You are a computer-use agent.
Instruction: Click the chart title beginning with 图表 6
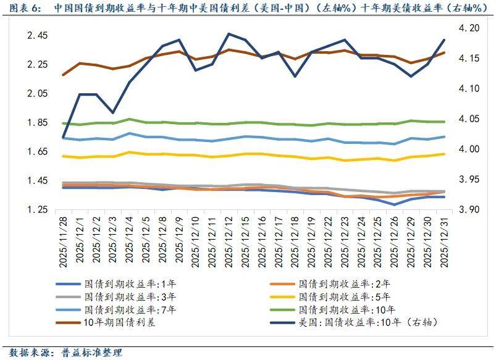(x=247, y=9)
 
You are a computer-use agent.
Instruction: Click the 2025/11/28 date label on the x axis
(x=63, y=241)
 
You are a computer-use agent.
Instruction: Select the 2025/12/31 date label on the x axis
(x=443, y=241)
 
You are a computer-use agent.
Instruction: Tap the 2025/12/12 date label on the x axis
(x=229, y=241)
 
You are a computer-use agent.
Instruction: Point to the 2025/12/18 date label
(x=295, y=241)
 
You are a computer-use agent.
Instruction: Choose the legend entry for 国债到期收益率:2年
(x=334, y=284)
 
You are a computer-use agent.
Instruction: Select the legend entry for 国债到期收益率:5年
(x=334, y=297)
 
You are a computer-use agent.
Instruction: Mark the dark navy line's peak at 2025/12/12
(x=229, y=34)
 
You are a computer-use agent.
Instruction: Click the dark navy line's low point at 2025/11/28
(x=63, y=137)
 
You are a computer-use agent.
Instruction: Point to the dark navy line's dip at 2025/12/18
(x=295, y=77)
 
